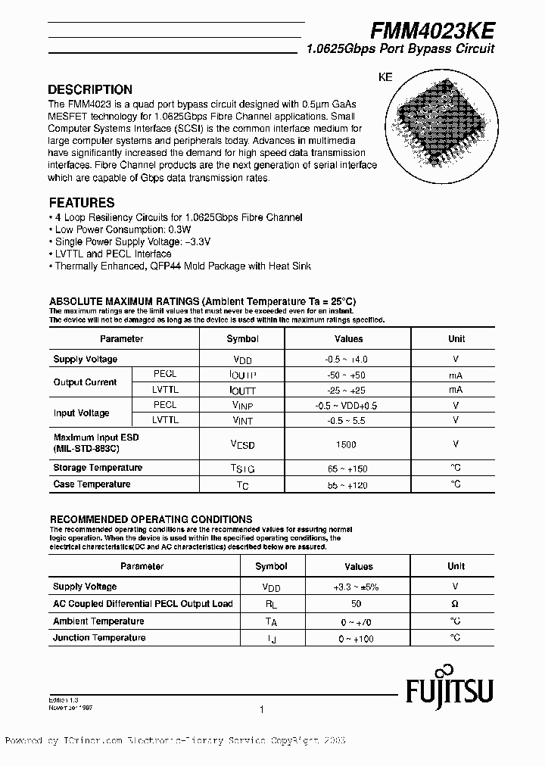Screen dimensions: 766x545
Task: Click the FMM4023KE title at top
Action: click(x=432, y=30)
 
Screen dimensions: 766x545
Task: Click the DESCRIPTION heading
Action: click(x=90, y=89)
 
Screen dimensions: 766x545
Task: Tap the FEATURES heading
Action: click(x=82, y=203)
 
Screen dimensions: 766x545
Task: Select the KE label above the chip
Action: click(x=385, y=77)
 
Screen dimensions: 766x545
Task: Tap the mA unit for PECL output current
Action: click(x=456, y=375)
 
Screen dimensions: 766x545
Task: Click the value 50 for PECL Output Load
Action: click(x=357, y=604)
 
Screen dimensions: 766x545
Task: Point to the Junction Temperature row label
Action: click(x=98, y=638)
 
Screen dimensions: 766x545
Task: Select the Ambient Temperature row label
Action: click(x=98, y=621)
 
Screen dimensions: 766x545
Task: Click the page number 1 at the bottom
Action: click(x=261, y=710)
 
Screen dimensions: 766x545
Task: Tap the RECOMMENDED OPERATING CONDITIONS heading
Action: click(x=151, y=519)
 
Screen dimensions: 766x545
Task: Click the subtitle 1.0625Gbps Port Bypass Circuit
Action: click(x=400, y=49)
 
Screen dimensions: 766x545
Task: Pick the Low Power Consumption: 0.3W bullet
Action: click(x=111, y=229)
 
